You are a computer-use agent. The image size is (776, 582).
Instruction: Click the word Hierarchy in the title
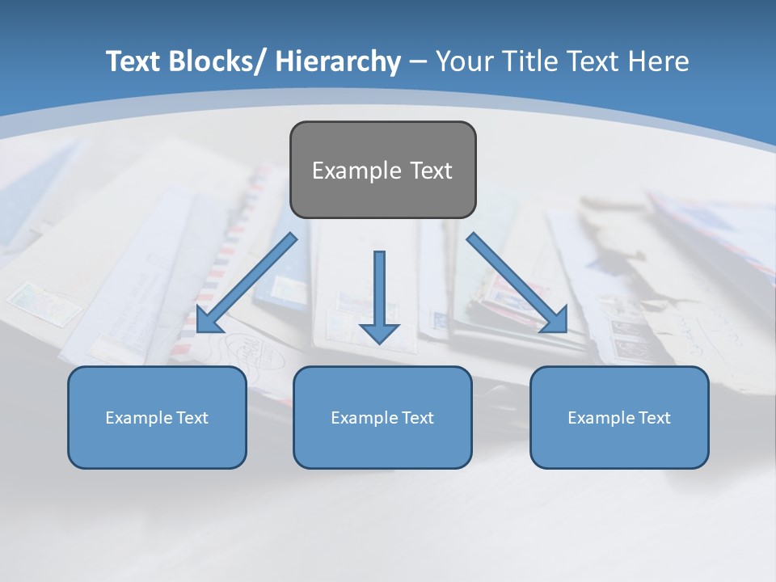pyautogui.click(x=338, y=61)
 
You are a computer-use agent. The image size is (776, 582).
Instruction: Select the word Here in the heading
pyautogui.click(x=660, y=61)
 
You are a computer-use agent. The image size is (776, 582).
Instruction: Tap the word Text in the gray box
pyautogui.click(x=431, y=171)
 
